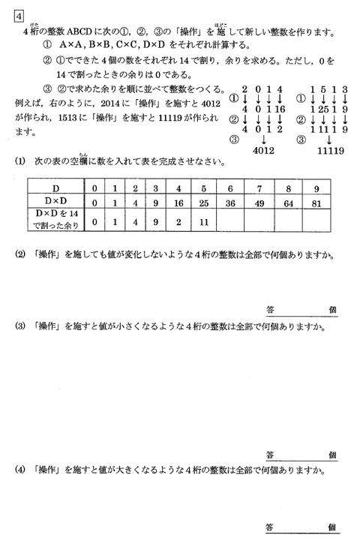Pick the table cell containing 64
(289, 203)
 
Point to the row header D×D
(56, 203)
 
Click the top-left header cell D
(56, 188)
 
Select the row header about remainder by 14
(56, 221)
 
